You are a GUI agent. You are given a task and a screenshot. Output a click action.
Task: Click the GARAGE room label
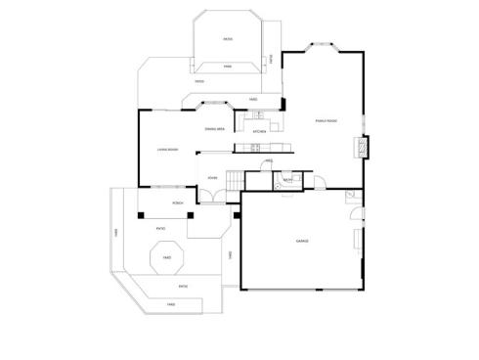(x=302, y=240)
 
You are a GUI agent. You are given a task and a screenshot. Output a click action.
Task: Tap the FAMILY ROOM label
(x=326, y=120)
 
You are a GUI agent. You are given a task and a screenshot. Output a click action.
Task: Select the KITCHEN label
(x=260, y=131)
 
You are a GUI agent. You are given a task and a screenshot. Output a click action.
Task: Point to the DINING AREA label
(x=215, y=129)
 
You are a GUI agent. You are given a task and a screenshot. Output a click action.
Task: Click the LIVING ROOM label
(x=167, y=150)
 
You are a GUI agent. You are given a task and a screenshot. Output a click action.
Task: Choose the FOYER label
(x=212, y=178)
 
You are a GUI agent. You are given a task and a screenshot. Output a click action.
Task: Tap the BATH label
(x=288, y=180)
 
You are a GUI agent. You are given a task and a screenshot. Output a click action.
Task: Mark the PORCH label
(x=178, y=202)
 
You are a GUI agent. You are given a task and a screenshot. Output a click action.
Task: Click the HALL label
(x=268, y=160)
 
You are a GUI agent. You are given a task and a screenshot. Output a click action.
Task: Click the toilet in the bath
(x=298, y=180)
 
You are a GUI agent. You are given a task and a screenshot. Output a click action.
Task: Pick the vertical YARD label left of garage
(x=230, y=255)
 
